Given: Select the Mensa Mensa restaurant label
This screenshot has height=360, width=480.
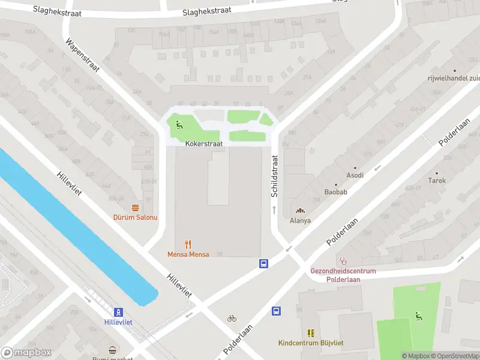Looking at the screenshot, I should coord(188,254).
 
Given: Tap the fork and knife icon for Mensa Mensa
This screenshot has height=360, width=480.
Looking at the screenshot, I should coord(188,244).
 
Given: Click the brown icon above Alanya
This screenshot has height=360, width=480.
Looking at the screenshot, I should coord(300,210).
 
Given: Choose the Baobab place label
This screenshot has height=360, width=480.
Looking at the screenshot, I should coord(336,192).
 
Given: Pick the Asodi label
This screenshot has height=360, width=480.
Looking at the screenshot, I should coord(355,176).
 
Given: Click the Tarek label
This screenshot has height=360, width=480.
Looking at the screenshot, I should coord(436,180).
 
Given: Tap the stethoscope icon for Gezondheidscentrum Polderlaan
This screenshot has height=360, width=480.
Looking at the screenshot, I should coord(343,261).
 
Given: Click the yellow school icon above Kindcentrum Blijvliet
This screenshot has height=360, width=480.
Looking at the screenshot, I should coord(311,333).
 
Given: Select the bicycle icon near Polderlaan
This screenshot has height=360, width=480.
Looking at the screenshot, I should coord(232,318).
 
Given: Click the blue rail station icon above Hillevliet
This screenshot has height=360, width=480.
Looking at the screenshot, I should coord(119,312).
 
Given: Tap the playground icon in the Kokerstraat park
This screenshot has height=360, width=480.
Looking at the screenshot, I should coord(179,125).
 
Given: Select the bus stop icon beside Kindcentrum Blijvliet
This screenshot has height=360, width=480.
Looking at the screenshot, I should coord(277,311).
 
